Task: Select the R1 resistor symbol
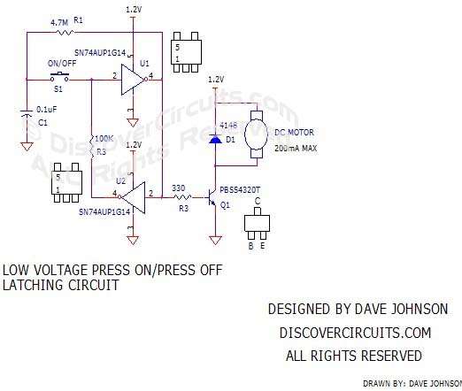tap(65, 33)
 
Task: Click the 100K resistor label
tap(102, 140)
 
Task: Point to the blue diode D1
tap(214, 140)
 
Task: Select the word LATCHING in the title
tap(33, 287)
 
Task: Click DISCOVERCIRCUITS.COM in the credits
tap(355, 333)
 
